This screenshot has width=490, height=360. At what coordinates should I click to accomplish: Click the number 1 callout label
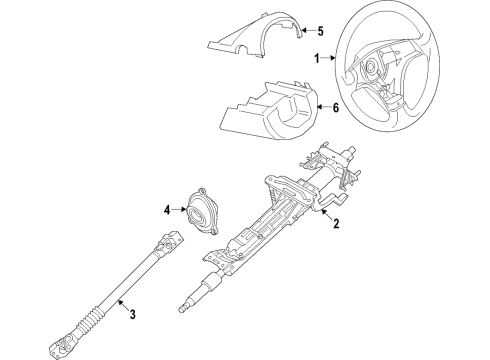click(319, 58)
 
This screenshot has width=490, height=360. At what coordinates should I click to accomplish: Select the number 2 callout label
click(336, 225)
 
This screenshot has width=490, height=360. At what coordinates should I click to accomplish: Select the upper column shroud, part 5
click(250, 39)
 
